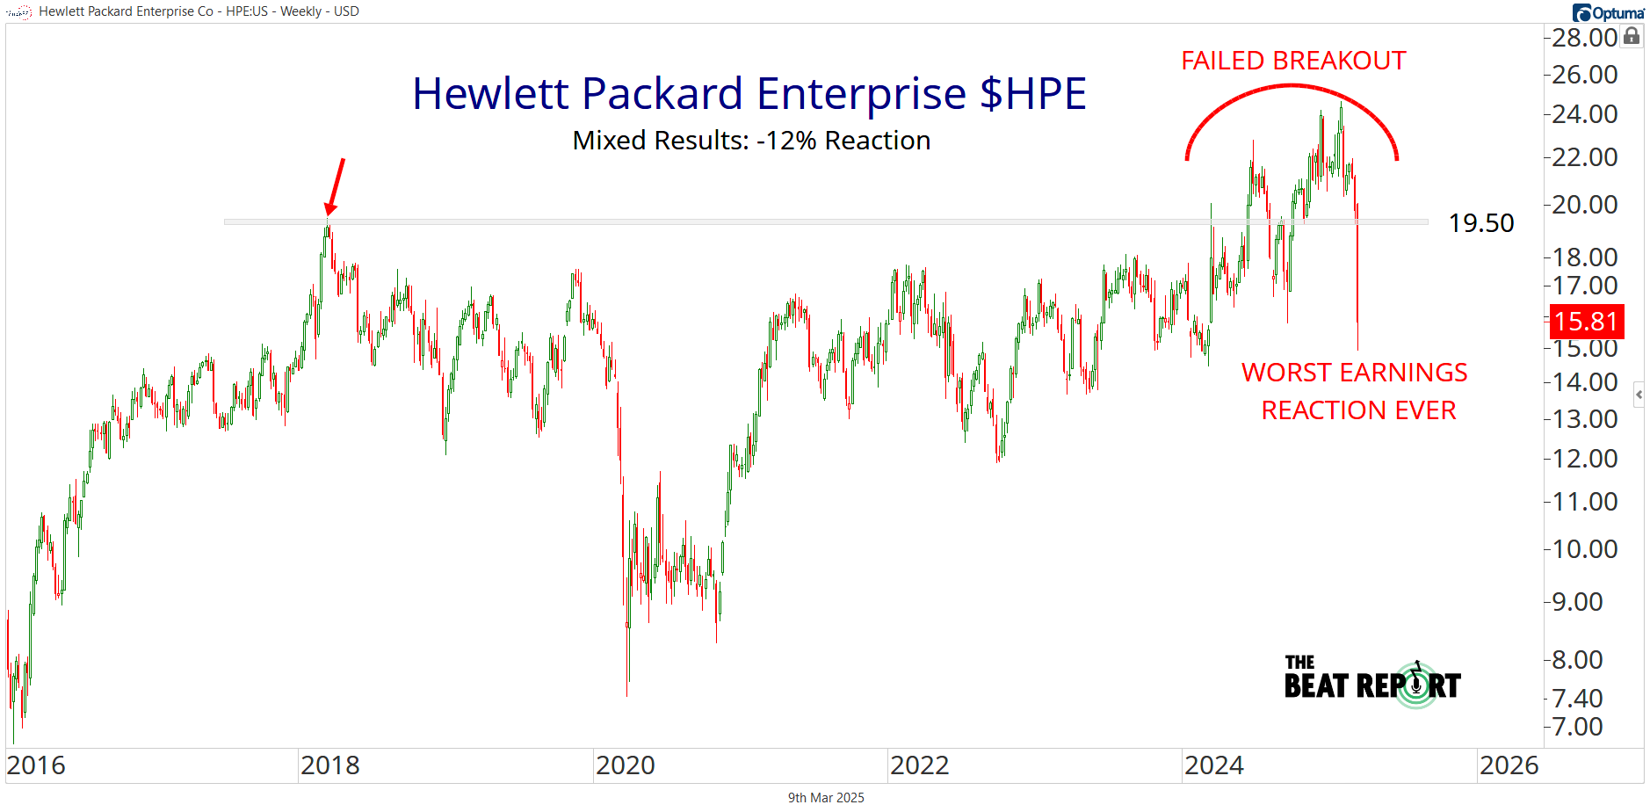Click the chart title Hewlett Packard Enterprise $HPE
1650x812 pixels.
click(749, 94)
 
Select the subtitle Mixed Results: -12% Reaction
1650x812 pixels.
click(751, 141)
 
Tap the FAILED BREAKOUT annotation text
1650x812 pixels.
click(1293, 61)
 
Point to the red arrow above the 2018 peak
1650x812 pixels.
click(335, 185)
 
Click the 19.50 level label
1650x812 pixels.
click(1481, 223)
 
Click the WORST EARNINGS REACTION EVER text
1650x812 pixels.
click(1355, 391)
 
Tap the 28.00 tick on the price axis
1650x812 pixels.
click(1584, 38)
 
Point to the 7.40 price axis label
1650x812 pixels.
click(1577, 699)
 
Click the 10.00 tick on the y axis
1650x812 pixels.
click(1584, 549)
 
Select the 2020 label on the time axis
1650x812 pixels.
click(625, 765)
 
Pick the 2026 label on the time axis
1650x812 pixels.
click(1509, 765)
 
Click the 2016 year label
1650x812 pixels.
click(36, 765)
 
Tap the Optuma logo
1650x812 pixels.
click(1608, 12)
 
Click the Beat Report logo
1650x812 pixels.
click(1372, 682)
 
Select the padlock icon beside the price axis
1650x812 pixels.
click(1632, 36)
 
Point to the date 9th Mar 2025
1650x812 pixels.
click(826, 798)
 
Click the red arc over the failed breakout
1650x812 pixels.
click(1291, 85)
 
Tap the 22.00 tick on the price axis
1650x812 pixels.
click(1584, 157)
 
